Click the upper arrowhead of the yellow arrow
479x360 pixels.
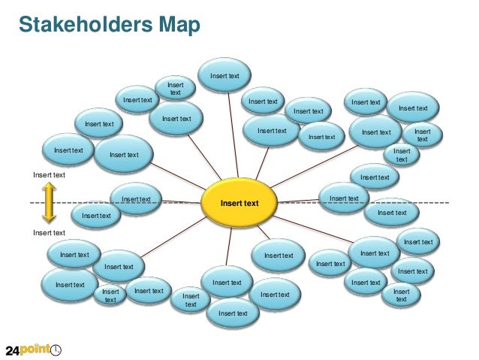point(48,186)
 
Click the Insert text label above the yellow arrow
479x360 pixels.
point(49,175)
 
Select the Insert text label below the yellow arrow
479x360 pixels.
point(49,232)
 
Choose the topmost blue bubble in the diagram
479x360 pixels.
point(225,75)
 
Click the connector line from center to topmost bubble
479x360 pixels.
point(233,135)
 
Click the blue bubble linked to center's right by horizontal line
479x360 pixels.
point(344,198)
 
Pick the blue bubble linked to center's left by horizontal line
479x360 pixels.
point(136,199)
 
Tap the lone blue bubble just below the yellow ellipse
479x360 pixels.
point(279,256)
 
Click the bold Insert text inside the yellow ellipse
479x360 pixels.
point(239,203)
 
